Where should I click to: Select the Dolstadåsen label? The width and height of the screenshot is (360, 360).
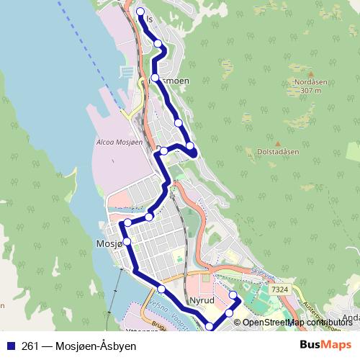(x=277, y=152)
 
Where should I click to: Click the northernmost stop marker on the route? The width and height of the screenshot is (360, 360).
(x=140, y=11)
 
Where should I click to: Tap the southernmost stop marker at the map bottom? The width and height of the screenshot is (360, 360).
(x=210, y=327)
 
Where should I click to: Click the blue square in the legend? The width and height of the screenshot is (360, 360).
(x=10, y=346)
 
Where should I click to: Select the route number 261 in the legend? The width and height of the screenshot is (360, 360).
(x=30, y=346)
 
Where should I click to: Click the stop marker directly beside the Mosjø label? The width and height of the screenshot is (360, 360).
(x=127, y=242)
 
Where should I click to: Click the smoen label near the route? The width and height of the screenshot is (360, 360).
(x=175, y=81)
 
